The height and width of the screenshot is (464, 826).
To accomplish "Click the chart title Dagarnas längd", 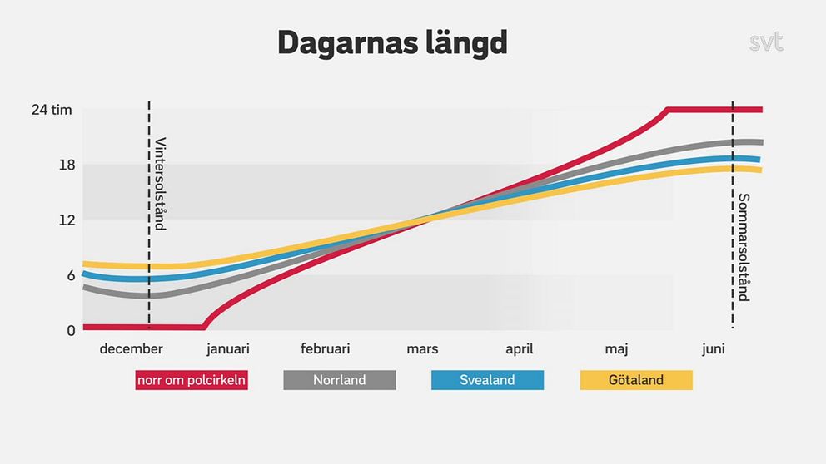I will tap(392, 43).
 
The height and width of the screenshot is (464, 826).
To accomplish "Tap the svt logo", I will tap(765, 42).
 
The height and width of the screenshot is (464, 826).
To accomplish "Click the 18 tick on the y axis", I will tap(67, 165).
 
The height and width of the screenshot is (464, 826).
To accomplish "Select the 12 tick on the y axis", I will tap(67, 220).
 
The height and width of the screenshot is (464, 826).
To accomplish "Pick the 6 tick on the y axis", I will tap(71, 275).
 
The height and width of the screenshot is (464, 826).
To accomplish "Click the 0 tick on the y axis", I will tap(71, 330).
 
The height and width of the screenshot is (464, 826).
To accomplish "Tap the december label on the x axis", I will tap(131, 349).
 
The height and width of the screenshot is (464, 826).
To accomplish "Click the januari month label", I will tap(228, 349).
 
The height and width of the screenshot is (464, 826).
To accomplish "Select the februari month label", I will tap(325, 349).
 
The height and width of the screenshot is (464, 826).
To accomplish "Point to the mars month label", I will tap(422, 349).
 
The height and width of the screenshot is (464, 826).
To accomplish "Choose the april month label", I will tap(519, 349).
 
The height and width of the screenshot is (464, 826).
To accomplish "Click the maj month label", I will tap(617, 349).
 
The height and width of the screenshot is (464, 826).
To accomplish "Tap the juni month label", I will tap(713, 349).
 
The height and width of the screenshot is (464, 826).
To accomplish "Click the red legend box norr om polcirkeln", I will tap(192, 380).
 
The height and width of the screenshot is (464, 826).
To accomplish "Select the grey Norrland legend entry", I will tap(340, 380).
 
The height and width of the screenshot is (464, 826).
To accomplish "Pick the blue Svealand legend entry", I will tap(487, 380).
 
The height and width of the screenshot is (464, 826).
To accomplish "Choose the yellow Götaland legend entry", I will tap(636, 380).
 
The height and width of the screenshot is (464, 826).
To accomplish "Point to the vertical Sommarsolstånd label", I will tap(744, 247).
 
